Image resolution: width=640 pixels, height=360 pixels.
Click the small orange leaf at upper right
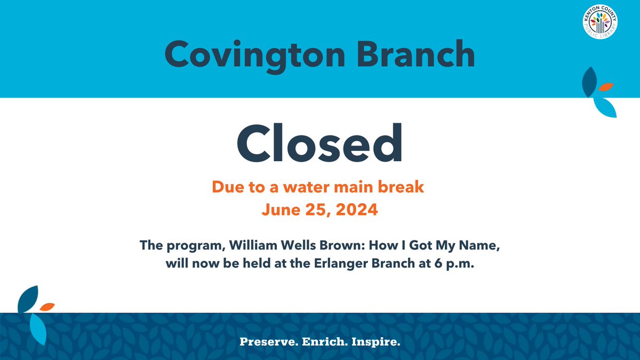(605, 86)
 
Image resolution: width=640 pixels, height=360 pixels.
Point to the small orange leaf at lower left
(47, 307)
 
